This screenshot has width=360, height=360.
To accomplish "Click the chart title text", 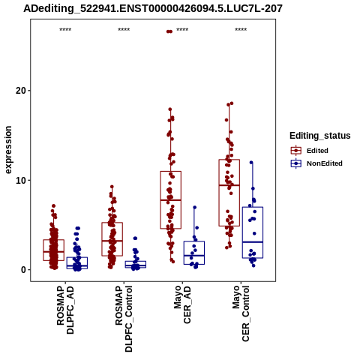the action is pos(153,9).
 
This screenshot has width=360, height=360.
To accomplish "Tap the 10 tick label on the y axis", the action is pos(21,180).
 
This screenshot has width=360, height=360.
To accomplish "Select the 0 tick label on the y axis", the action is pos(24,270).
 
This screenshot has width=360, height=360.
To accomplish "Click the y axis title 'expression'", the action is pos(8,150).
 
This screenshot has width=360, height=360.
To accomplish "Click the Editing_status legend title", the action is pos(320,136).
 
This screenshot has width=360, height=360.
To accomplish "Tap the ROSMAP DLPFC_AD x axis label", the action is pos(65,310).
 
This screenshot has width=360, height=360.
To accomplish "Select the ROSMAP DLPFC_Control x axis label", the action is pos(124,319).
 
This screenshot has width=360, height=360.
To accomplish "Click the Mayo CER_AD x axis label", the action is pos(182,304).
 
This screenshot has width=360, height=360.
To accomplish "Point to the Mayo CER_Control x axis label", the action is pos(241,313).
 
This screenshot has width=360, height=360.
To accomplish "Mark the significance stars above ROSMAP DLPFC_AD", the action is pos(65,30).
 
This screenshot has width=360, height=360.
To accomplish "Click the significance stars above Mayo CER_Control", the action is pos(241,30).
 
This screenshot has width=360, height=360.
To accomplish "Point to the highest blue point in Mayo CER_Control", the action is pos(251,163).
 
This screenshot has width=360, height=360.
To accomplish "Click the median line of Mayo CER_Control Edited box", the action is pos(229,185).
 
